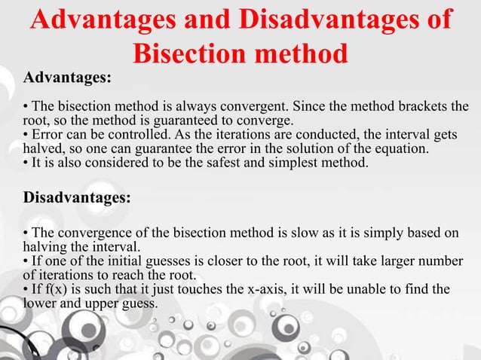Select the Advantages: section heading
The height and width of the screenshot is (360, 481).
[67, 78]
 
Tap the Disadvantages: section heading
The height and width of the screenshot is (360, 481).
[77, 198]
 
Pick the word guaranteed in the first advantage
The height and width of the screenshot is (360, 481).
[165, 119]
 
